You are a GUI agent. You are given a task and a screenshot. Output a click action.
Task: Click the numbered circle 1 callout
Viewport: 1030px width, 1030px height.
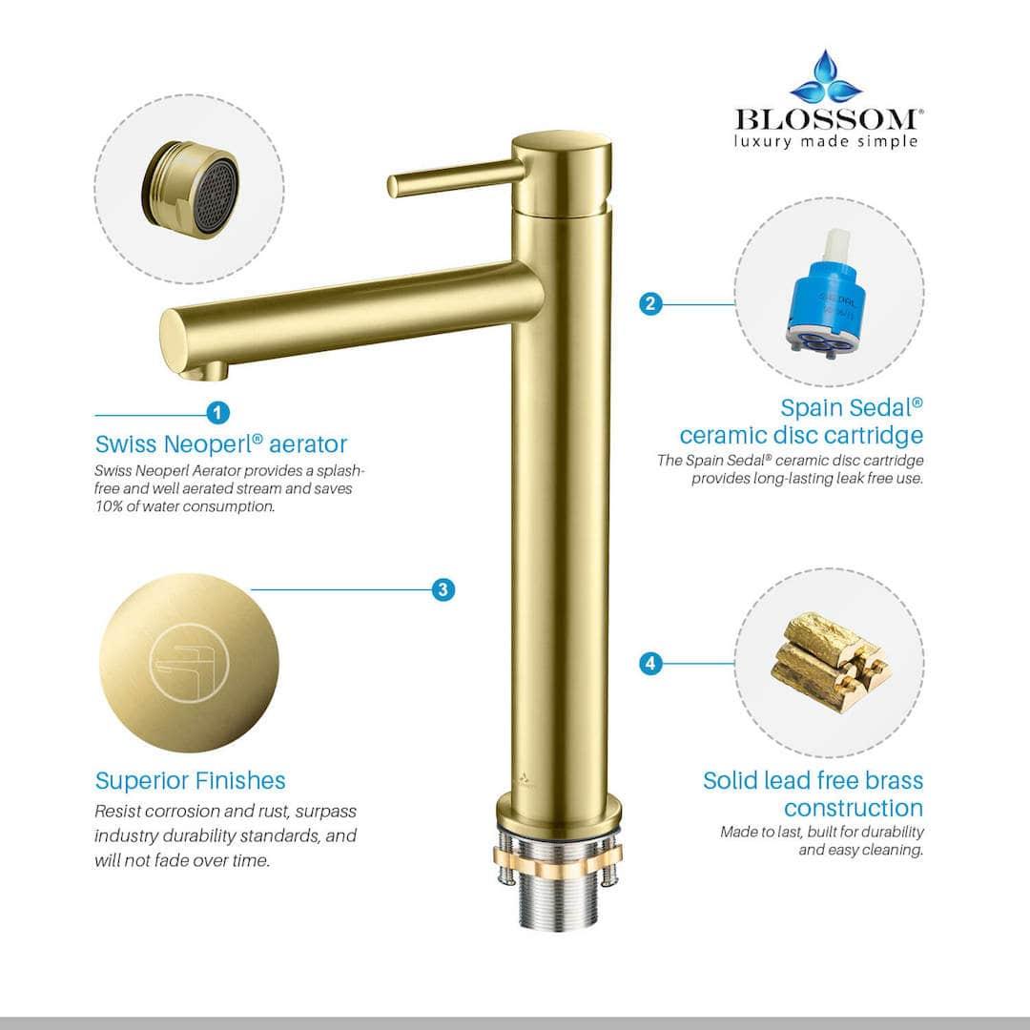pyautogui.click(x=218, y=413)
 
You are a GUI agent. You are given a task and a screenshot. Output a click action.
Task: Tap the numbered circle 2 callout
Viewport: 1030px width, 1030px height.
pyautogui.click(x=650, y=304)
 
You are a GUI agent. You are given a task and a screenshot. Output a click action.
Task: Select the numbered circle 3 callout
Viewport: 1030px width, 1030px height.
pyautogui.click(x=443, y=589)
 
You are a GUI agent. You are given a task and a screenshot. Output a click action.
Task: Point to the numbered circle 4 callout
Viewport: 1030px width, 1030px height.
pyautogui.click(x=650, y=663)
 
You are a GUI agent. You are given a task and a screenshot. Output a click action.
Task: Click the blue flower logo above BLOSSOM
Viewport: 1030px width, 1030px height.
pyautogui.click(x=826, y=79)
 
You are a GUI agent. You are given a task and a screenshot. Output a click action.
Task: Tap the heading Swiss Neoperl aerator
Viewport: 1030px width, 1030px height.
pyautogui.click(x=221, y=444)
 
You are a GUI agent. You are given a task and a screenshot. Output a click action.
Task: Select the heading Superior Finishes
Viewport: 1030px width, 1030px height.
pyautogui.click(x=190, y=781)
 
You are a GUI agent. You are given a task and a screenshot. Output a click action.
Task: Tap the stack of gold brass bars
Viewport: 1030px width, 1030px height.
pyautogui.click(x=827, y=660)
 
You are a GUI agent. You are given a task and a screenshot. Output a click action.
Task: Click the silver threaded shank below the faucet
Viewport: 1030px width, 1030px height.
pyautogui.click(x=557, y=897)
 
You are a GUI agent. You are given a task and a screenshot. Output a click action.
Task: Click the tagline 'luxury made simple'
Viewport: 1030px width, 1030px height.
pyautogui.click(x=826, y=141)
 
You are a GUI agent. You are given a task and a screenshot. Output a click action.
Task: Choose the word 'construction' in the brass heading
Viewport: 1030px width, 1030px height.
pyautogui.click(x=854, y=809)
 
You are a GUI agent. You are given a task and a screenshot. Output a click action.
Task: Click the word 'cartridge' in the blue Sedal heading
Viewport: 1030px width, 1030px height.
pyautogui.click(x=874, y=436)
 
